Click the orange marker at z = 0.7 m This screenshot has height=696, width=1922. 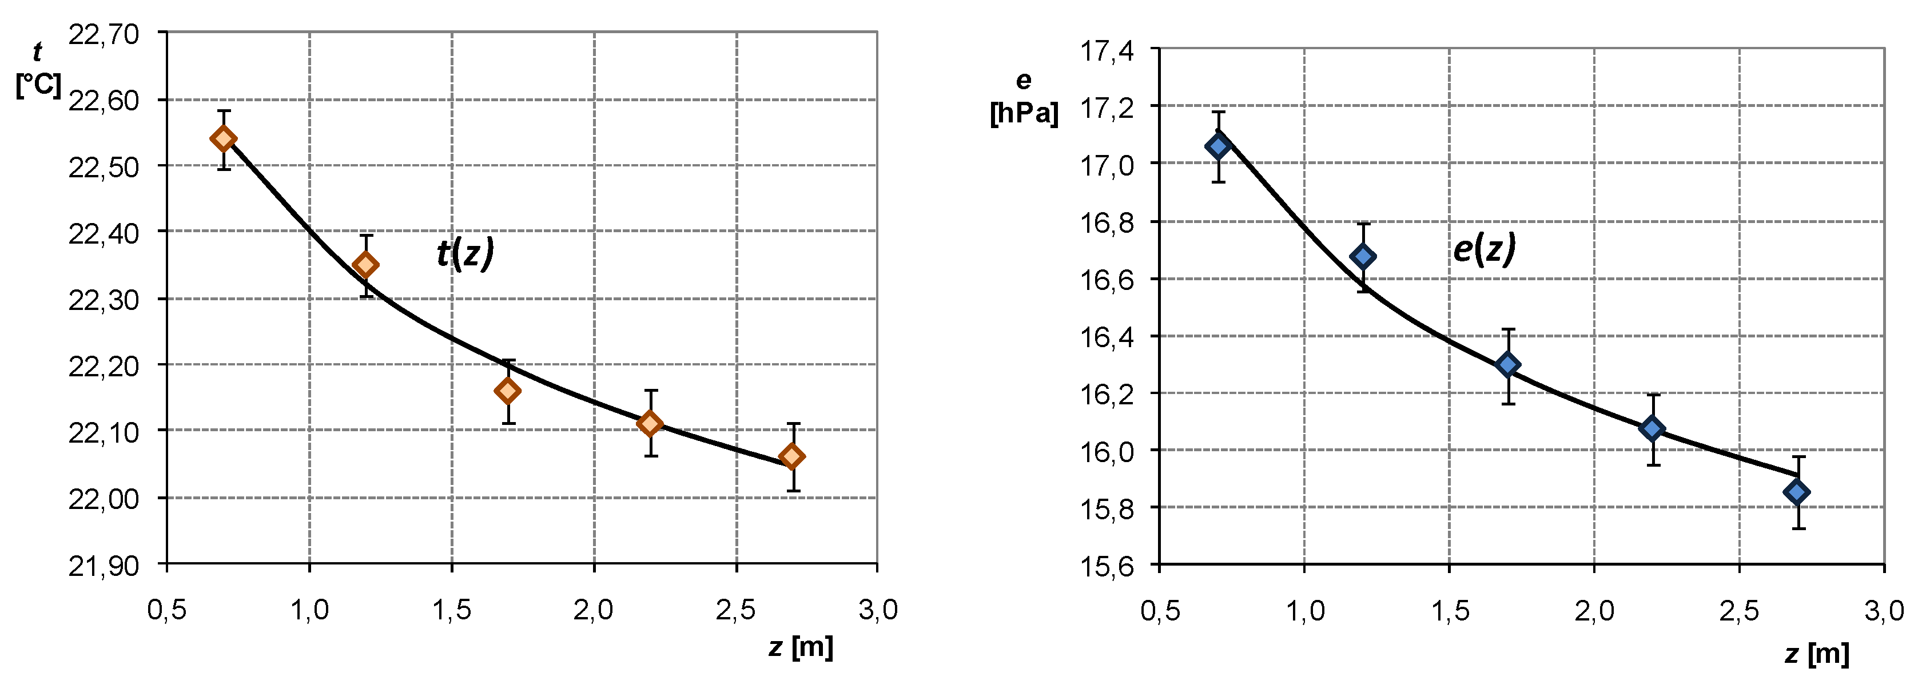(x=223, y=139)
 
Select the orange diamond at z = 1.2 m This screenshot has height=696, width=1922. (x=365, y=265)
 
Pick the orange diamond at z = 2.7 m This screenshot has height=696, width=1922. (x=793, y=456)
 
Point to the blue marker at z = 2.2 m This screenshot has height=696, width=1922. (x=1653, y=429)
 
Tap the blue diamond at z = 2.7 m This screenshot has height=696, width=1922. (x=1797, y=492)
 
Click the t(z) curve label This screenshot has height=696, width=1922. (x=465, y=253)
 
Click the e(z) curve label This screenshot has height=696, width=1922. (x=1484, y=248)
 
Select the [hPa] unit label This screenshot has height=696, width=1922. (x=1024, y=113)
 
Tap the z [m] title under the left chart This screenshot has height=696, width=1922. (x=801, y=647)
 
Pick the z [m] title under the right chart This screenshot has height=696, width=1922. (x=1817, y=654)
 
